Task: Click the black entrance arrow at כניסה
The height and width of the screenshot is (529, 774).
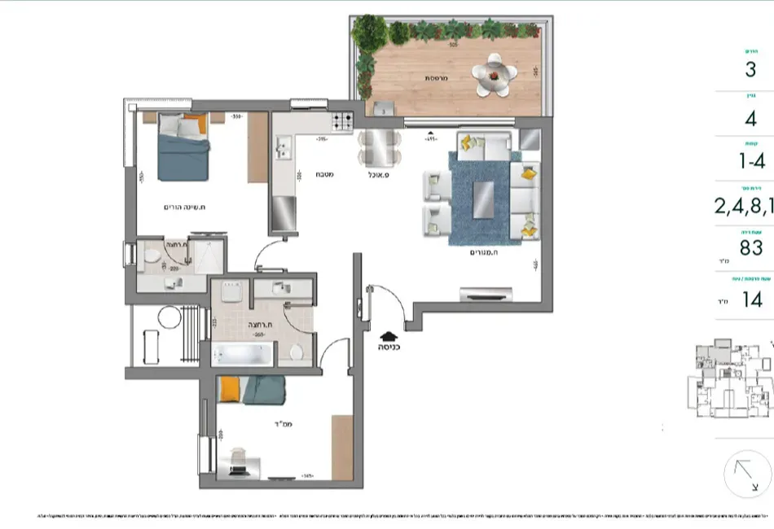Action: tap(388, 333)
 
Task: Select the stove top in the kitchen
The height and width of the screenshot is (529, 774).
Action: tap(342, 123)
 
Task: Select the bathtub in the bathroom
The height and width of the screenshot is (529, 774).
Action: tap(242, 354)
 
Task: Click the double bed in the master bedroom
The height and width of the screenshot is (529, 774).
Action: tap(184, 146)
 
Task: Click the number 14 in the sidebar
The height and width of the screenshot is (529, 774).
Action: tap(752, 299)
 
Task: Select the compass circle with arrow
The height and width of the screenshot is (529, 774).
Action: tap(747, 474)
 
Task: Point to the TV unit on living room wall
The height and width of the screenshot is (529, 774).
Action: tap(486, 292)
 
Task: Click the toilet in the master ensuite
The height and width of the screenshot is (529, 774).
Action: tap(152, 259)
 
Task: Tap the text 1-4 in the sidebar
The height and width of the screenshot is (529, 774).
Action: tap(751, 161)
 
